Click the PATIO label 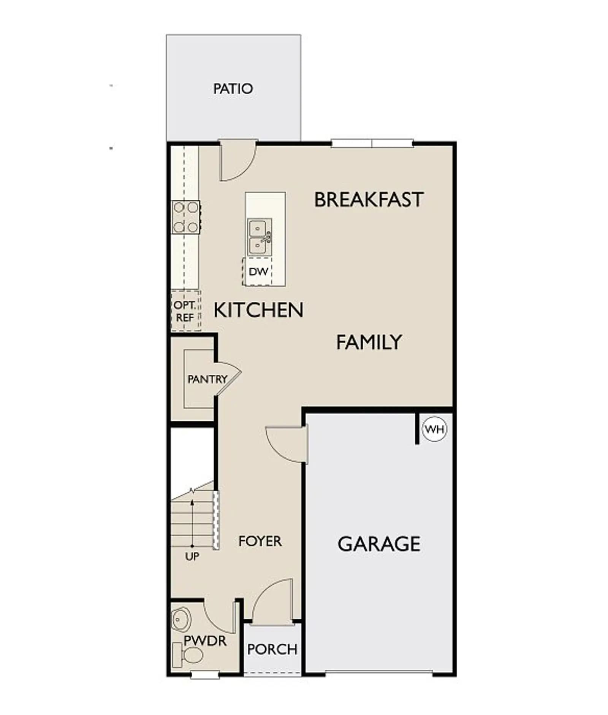click(x=233, y=89)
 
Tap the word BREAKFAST click(x=369, y=200)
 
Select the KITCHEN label click(x=258, y=310)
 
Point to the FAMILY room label click(x=369, y=342)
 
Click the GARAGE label click(x=379, y=544)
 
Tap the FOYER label click(x=260, y=541)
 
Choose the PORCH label click(x=272, y=649)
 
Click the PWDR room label click(x=205, y=641)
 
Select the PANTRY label click(x=207, y=379)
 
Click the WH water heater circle click(x=434, y=429)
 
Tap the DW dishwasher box click(x=258, y=271)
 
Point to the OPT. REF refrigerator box click(x=185, y=311)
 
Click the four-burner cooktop click(x=186, y=217)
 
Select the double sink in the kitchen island click(x=260, y=237)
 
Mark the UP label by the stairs click(x=192, y=556)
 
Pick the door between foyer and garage click(x=287, y=445)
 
